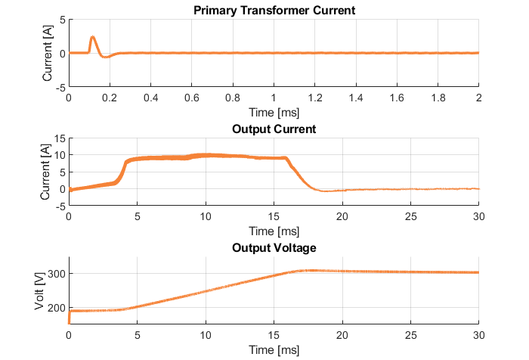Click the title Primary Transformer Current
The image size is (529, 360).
(274, 11)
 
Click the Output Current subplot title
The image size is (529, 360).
(274, 129)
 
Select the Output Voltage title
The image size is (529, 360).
(274, 247)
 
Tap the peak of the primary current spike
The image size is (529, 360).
(92, 37)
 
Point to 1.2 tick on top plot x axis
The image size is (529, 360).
(315, 98)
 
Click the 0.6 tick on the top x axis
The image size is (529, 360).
(192, 98)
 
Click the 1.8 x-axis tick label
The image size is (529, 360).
(438, 98)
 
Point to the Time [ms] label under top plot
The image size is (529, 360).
(274, 111)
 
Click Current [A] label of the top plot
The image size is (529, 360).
(48, 54)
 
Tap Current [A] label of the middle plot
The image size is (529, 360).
(43, 172)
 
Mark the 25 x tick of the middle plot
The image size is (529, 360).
(411, 217)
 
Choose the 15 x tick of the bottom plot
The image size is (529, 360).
(274, 335)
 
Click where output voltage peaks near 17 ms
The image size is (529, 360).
(308, 270)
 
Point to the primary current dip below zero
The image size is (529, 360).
(107, 57)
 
